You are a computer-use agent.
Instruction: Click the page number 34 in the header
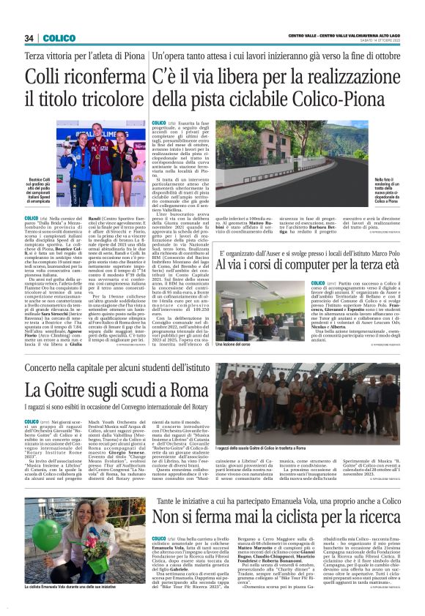pos(30,38)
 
